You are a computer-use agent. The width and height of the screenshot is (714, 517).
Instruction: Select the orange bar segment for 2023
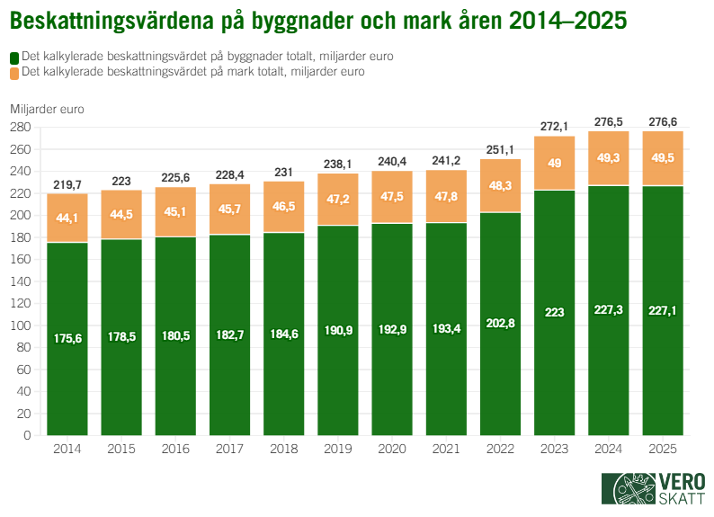555,163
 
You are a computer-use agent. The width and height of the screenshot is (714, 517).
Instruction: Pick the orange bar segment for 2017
230,209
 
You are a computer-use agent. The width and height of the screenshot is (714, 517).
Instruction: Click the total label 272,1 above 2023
555,126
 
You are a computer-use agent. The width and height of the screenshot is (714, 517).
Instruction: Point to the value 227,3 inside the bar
609,310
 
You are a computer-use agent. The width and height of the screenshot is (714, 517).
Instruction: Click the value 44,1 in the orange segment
67,218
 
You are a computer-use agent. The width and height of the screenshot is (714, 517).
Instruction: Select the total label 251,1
500,149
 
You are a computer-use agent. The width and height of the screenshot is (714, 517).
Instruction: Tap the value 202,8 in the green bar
500,322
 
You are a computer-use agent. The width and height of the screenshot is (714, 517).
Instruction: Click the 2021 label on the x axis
446,449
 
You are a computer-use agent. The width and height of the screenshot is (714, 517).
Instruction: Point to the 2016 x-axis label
175,449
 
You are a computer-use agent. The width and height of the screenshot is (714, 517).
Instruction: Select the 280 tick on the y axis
21,127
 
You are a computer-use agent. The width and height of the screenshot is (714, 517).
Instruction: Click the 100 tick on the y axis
21,325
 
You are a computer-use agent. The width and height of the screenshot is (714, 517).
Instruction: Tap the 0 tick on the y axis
28,435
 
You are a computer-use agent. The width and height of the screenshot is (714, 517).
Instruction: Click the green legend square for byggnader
14,57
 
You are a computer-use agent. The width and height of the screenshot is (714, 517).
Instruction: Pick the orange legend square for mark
14,71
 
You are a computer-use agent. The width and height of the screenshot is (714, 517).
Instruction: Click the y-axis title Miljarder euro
47,109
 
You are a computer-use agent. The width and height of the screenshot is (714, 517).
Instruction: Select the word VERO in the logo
679,480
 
